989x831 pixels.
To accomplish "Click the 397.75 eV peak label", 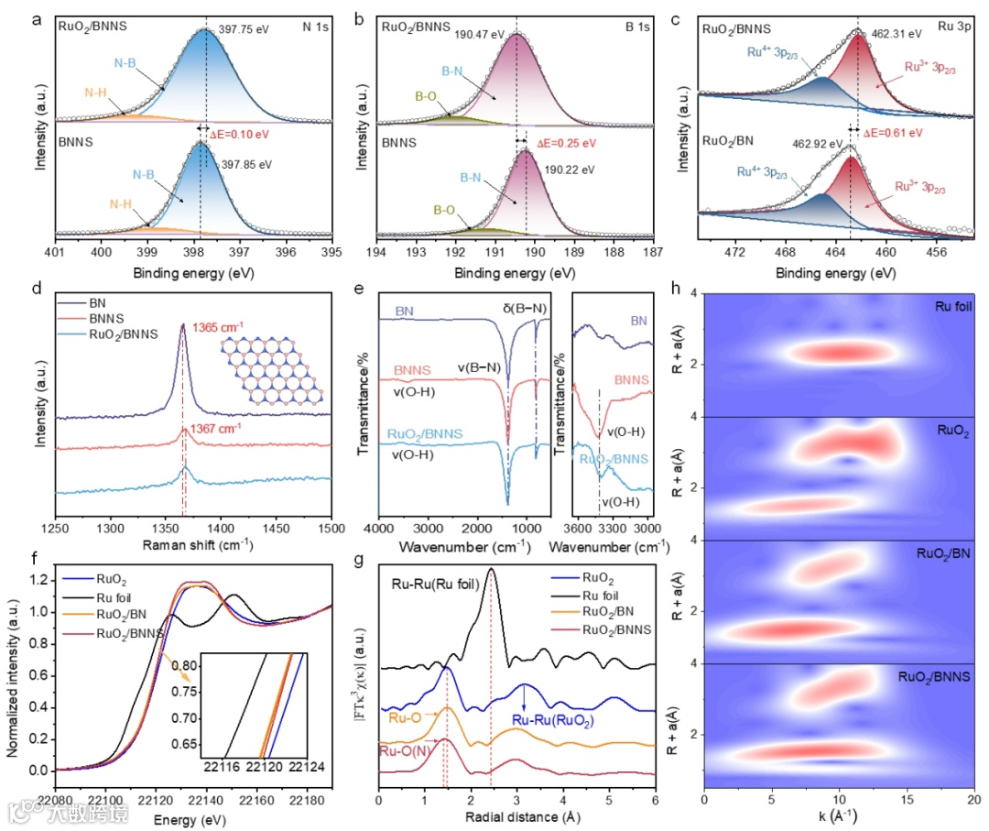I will click(x=246, y=29).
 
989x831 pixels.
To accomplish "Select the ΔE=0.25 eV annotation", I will click(x=566, y=143).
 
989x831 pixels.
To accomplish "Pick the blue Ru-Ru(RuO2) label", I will click(x=553, y=721).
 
